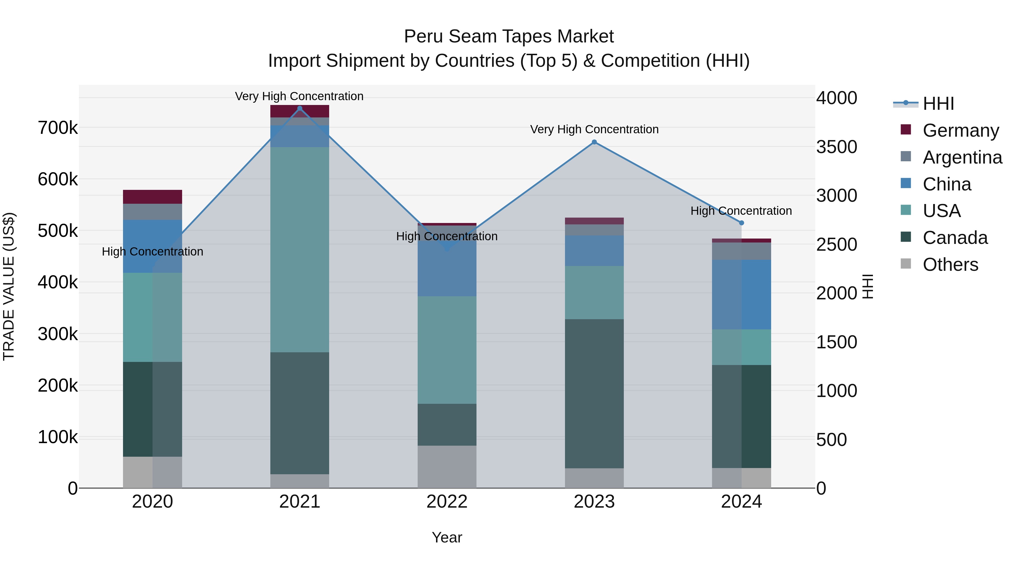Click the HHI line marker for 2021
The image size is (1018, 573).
(299, 108)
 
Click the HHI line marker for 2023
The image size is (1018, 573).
(594, 142)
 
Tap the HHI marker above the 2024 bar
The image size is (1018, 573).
(741, 223)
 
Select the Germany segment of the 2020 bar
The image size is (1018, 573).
(152, 197)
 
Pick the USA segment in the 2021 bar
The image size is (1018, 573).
(299, 249)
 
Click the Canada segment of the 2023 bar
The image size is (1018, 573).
(594, 394)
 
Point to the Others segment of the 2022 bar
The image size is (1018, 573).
(447, 467)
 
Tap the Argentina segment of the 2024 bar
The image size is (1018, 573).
(741, 251)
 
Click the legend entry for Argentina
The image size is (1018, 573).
(962, 157)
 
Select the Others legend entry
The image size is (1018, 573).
(950, 265)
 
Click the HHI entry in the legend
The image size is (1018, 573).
(938, 104)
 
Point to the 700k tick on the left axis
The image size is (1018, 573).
(58, 128)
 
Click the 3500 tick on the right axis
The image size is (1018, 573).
(837, 147)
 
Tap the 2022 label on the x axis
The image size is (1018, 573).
(447, 502)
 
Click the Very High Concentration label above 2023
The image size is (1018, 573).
(594, 129)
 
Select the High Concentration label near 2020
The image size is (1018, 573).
(152, 252)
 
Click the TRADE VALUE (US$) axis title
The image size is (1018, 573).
(9, 286)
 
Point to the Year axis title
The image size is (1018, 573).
(447, 537)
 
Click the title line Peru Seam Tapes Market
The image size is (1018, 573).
(509, 37)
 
